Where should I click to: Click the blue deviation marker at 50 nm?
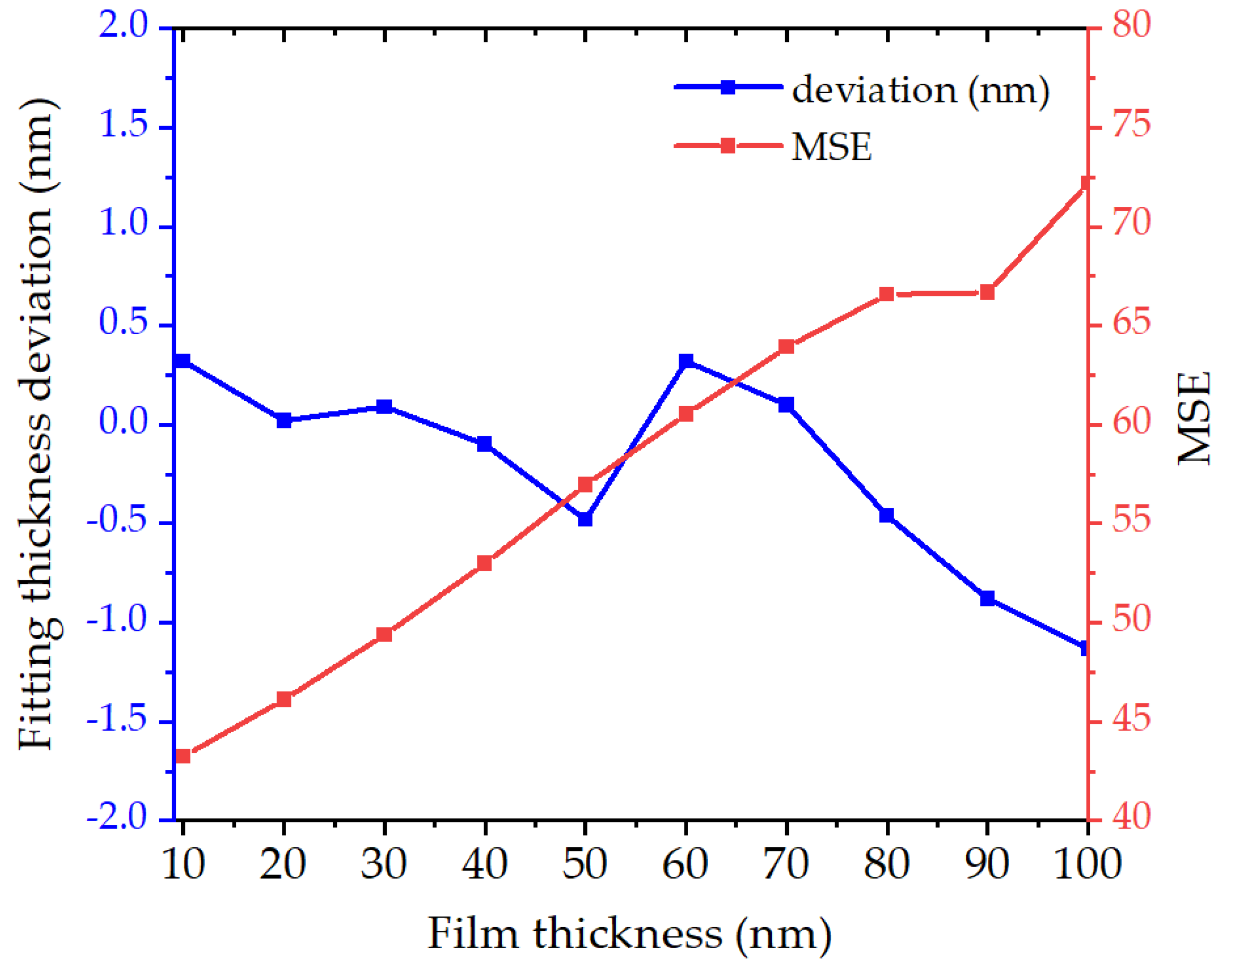pos(585,519)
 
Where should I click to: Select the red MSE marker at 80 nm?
pos(887,294)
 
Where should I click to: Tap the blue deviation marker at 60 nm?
pos(686,362)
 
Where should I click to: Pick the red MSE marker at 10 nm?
pos(183,756)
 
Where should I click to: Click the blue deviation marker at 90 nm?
pos(987,599)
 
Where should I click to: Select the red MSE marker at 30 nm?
pos(385,634)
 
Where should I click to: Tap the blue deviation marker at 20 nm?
pos(284,421)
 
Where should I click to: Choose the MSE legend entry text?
pos(832,147)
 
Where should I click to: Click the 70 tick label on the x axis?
pos(786,864)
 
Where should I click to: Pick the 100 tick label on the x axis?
pos(1088,864)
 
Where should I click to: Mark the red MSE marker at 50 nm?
pos(585,484)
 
